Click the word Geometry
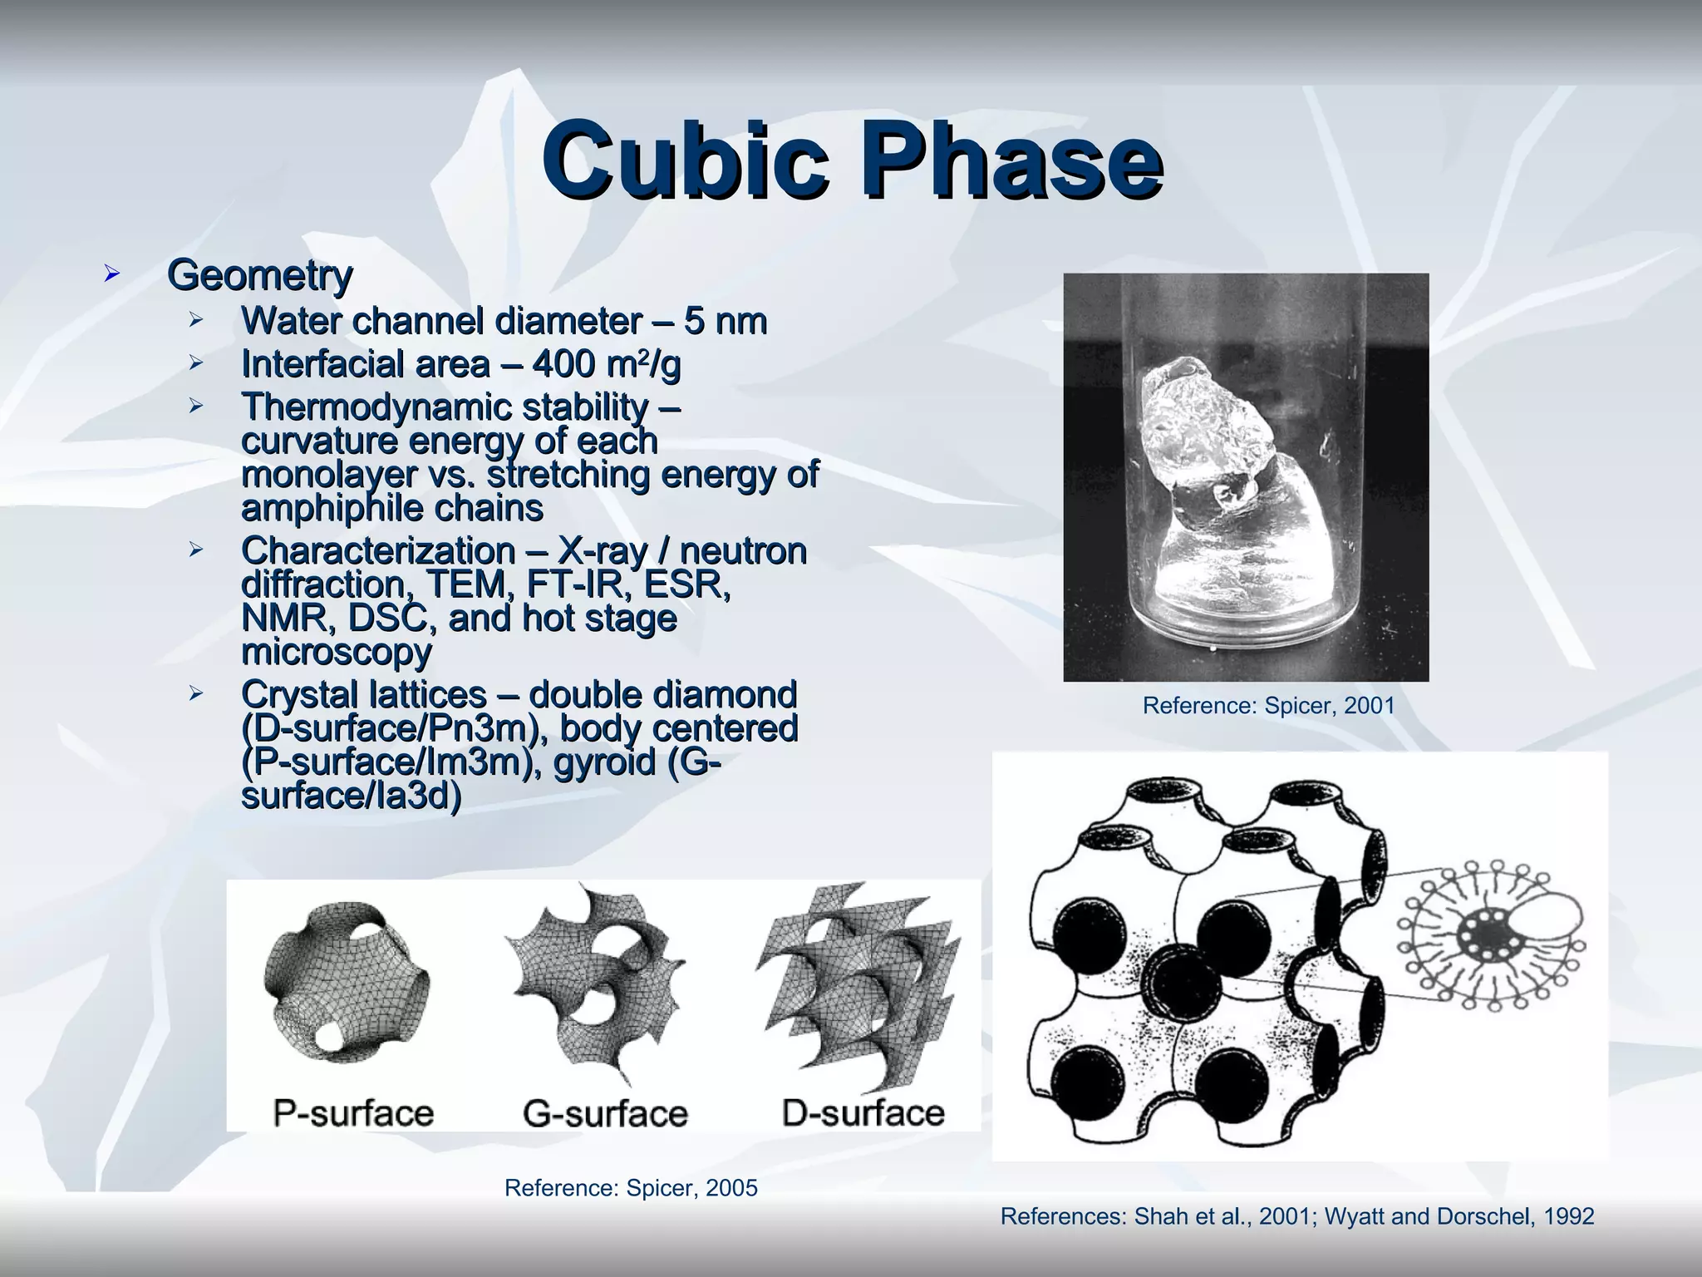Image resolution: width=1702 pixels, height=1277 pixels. point(259,275)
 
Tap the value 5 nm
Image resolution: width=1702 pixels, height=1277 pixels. point(725,321)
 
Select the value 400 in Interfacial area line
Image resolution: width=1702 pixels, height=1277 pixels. point(563,364)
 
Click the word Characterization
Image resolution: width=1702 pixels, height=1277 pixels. point(377,550)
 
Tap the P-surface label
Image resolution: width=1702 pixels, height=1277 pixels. point(353,1112)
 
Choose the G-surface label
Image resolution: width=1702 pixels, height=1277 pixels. point(605,1112)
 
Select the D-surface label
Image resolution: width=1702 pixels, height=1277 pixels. point(863,1112)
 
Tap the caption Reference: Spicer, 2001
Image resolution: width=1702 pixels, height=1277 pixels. point(1268,706)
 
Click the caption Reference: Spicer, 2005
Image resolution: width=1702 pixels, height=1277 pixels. point(631,1188)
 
